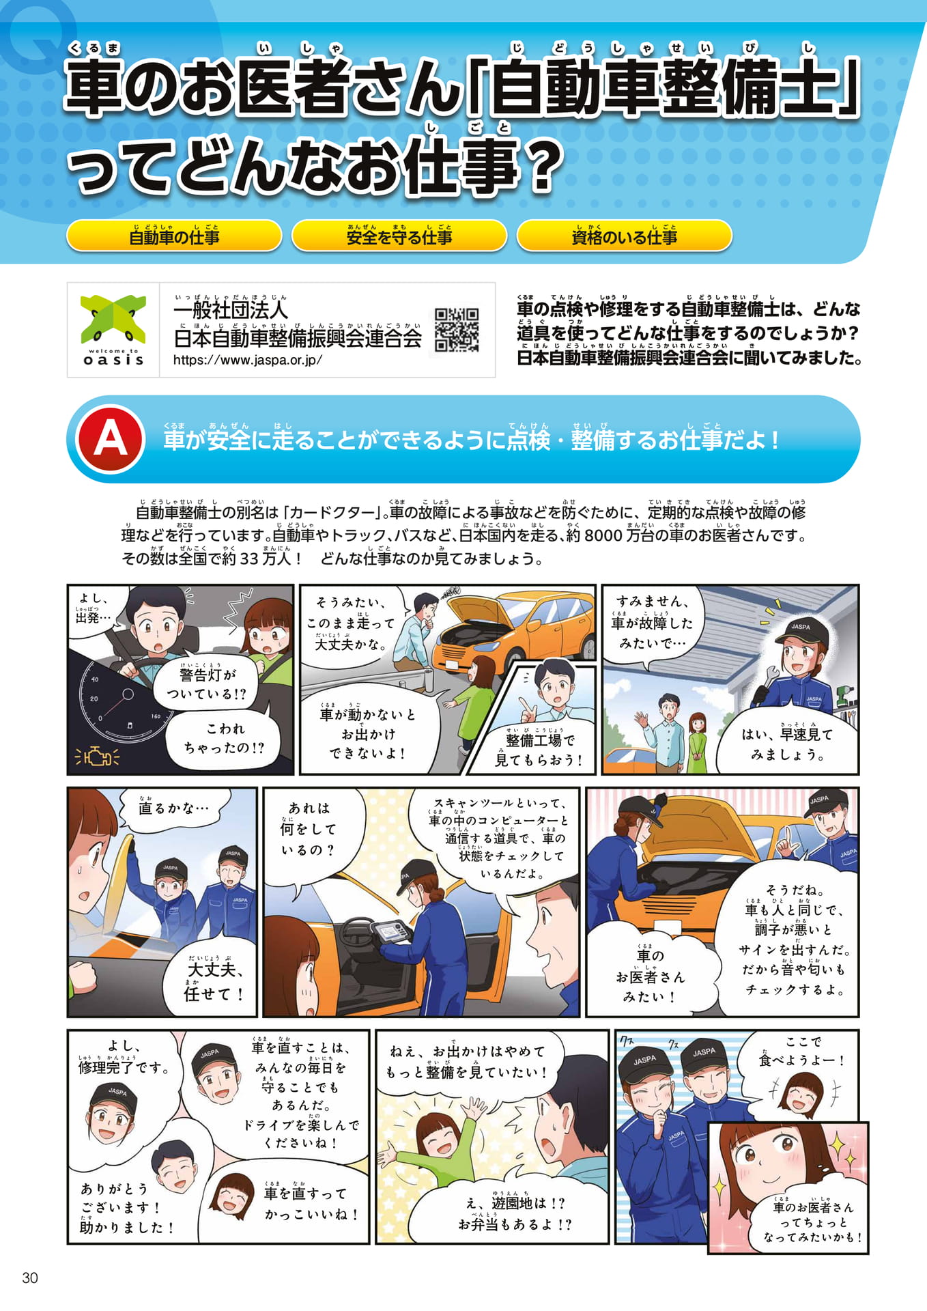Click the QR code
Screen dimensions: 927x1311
point(457,330)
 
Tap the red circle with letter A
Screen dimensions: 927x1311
point(111,439)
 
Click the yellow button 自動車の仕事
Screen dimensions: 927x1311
point(174,236)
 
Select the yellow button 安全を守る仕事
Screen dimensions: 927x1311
point(399,236)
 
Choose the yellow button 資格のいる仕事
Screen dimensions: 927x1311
point(625,236)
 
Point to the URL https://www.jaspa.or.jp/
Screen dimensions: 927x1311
point(248,360)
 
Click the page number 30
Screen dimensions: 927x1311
point(30,1278)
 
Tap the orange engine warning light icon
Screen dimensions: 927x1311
point(98,757)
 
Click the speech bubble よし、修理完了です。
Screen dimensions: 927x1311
point(123,1058)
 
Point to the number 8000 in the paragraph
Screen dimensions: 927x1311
point(603,536)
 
